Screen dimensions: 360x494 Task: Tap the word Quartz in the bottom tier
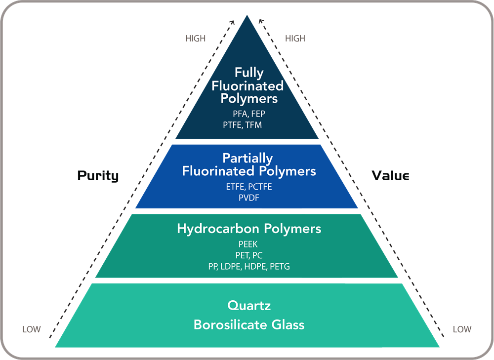tap(249, 305)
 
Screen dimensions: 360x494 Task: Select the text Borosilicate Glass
tap(249, 324)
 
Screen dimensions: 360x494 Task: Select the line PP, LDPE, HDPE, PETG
tap(249, 266)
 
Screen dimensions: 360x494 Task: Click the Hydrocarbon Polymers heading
tap(249, 229)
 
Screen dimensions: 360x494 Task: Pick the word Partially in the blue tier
tap(247, 159)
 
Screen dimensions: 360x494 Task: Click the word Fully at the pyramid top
tap(249, 73)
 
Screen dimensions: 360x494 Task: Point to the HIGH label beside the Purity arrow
tap(196, 39)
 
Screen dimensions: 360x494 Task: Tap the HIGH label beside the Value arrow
tap(295, 39)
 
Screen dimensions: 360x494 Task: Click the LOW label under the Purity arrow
tap(32, 329)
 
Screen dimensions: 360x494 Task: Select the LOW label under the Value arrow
tap(462, 329)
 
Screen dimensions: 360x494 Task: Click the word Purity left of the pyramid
tap(98, 176)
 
